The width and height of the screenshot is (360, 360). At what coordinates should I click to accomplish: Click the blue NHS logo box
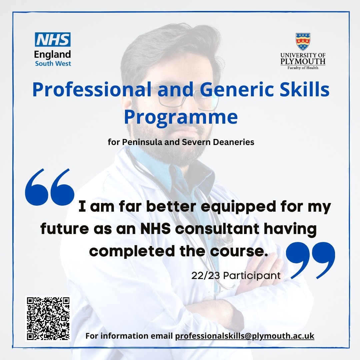tap(53, 40)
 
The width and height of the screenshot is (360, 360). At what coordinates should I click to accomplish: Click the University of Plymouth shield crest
tap(303, 42)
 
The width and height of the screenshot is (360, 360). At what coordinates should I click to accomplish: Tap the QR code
tap(48, 319)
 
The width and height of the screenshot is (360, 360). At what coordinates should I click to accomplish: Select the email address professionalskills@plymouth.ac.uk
tap(245, 336)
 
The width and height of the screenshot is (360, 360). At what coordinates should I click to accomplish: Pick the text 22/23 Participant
tap(236, 276)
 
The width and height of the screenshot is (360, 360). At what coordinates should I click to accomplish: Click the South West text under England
tap(53, 63)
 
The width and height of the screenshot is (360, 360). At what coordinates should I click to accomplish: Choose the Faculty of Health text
tap(303, 68)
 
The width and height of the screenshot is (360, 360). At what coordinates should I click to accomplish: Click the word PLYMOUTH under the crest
tap(303, 61)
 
